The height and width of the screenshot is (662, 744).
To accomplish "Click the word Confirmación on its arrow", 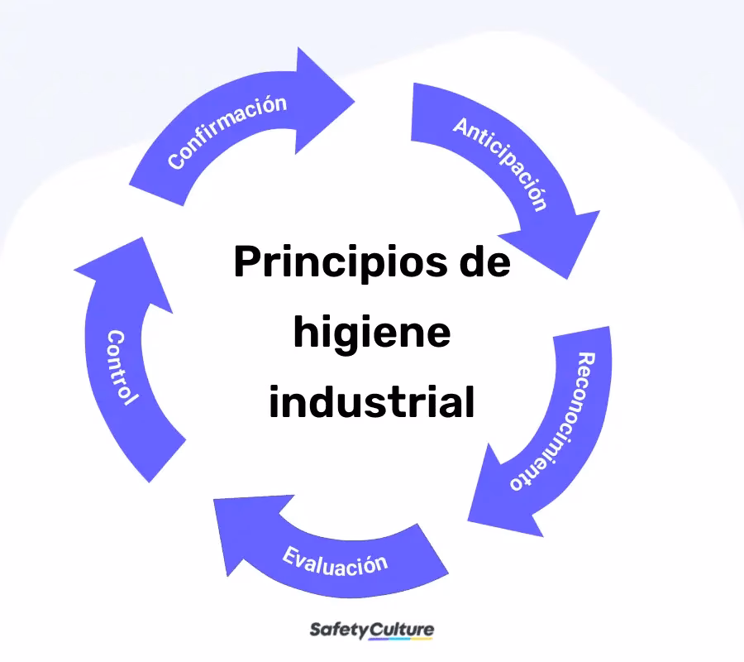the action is point(227,132).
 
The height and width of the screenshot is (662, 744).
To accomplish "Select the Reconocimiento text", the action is point(553,421).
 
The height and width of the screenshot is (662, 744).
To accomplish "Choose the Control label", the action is point(122,367).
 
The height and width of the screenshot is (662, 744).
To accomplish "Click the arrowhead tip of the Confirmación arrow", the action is point(355,101).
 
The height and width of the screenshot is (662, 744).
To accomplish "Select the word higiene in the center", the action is point(372,333).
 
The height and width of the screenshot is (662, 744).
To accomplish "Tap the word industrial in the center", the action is point(371,401).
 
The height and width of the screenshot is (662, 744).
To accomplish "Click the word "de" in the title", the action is point(485,261).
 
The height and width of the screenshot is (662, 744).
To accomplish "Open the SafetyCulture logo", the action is point(371,631).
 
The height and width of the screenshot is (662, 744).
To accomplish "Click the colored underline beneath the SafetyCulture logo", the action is point(400,639).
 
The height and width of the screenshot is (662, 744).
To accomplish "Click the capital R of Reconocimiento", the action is point(586,359).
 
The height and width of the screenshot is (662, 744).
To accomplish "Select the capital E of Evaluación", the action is point(289,554).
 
